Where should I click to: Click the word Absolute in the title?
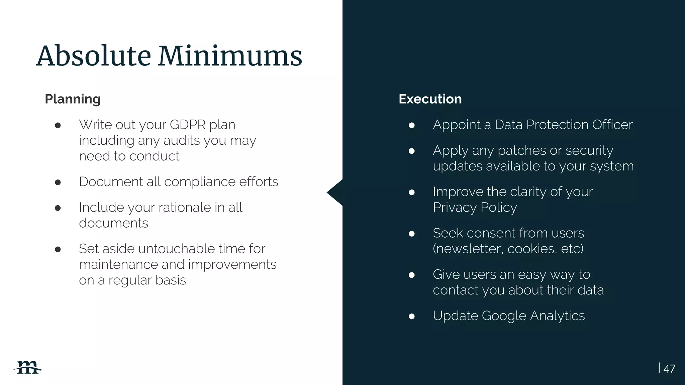coord(94,56)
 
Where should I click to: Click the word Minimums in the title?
coord(230,56)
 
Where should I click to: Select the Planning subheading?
coord(73,99)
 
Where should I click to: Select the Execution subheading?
coord(430,99)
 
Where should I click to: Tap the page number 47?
coord(669,369)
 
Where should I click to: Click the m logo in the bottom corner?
coord(27,368)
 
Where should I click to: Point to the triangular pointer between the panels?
coord(334,192)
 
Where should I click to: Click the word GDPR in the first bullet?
coord(188,125)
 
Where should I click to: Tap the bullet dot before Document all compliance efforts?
coord(58,182)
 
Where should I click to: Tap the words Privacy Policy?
coord(475,208)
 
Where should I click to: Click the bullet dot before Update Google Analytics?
coord(412,316)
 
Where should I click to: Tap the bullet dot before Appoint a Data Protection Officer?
coord(412,125)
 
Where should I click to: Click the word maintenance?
coord(118,265)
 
